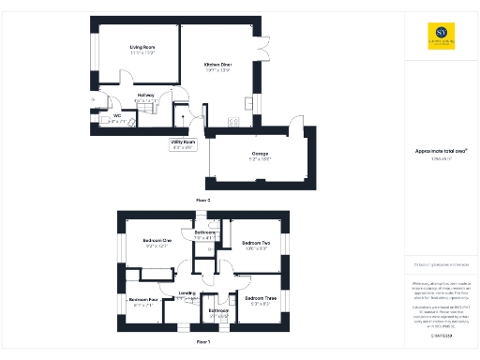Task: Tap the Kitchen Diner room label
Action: pos(217,65)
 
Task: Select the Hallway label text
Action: pos(145,95)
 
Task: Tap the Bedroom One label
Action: pos(157,241)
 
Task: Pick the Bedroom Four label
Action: pos(143,300)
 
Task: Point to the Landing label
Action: pos(187,293)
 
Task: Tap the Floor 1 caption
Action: pos(202,343)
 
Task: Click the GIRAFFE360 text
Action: pos(441,335)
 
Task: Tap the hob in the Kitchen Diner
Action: pos(233,121)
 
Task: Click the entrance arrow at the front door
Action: pos(93,99)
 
